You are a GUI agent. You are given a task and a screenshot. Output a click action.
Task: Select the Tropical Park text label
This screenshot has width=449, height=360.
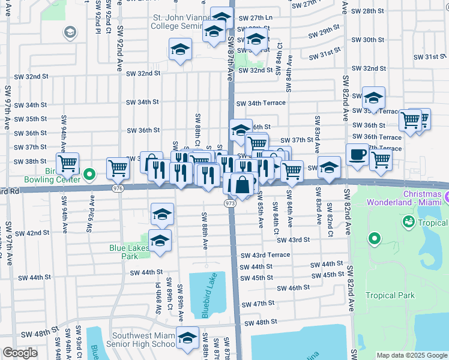[390, 295]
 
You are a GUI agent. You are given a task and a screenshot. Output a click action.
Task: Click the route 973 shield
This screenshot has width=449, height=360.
[231, 205]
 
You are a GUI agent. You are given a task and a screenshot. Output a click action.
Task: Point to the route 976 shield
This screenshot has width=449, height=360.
[118, 188]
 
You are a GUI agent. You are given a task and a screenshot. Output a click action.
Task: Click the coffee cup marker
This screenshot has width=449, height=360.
[357, 155]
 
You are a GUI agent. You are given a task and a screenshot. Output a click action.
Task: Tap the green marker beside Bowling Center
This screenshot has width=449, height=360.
[89, 175]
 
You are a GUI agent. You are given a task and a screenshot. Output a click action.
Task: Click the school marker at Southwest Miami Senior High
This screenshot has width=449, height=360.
[188, 339]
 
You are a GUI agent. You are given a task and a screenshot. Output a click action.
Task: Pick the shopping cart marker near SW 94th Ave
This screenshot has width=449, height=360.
[68, 163]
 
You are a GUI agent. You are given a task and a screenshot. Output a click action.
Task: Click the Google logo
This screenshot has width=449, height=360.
[20, 353]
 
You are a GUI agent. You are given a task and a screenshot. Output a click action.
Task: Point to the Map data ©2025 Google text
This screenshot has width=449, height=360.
[411, 355]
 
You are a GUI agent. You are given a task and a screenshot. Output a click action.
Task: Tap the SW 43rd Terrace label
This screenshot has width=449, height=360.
[265, 255]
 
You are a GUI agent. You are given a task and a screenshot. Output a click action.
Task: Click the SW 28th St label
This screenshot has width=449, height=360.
[367, 11]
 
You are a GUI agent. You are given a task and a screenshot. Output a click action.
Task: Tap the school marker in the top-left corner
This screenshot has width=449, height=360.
[70, 32]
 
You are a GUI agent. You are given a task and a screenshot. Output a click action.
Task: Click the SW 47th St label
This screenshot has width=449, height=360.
[264, 304]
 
